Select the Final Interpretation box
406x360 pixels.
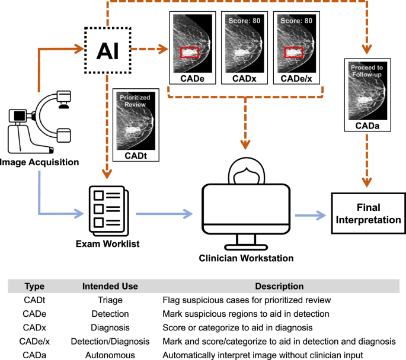pyautogui.click(x=367, y=213)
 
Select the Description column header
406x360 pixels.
pyautogui.click(x=279, y=287)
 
